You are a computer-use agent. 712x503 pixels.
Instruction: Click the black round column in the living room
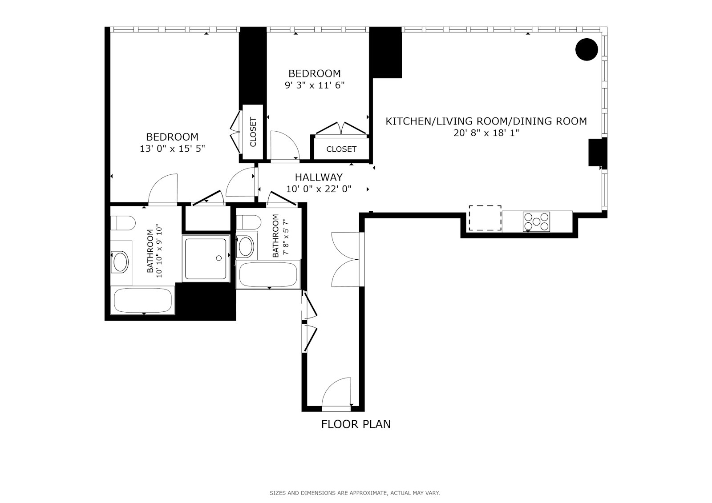[x=587, y=49]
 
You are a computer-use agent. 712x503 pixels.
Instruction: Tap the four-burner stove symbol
[x=536, y=221]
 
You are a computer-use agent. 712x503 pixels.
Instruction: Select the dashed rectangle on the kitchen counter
[x=485, y=218]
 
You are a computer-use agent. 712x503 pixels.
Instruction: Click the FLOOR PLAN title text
[x=356, y=424]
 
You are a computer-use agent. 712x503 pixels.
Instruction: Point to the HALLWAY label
[x=319, y=177]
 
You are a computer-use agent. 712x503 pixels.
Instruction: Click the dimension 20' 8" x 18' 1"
[x=486, y=133]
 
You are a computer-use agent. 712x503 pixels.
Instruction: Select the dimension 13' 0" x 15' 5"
[x=172, y=149]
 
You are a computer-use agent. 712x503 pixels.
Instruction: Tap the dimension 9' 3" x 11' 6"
[x=315, y=85]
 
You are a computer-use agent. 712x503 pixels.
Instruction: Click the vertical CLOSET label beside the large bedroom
[x=253, y=132]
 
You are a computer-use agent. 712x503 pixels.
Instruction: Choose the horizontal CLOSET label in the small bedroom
[x=341, y=149]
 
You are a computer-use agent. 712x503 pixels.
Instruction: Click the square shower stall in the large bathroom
[x=206, y=258]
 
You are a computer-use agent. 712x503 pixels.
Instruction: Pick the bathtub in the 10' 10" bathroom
[x=143, y=301]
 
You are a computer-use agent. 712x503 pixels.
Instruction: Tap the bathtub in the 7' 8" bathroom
[x=268, y=275]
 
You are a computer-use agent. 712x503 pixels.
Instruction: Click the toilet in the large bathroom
[x=122, y=223]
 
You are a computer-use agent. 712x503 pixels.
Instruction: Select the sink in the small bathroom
[x=246, y=247]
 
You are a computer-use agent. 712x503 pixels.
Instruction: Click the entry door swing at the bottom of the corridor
[x=337, y=392]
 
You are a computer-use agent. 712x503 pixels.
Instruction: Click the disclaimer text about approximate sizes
[x=354, y=493]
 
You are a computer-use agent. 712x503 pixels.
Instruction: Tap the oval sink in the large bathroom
[x=120, y=262]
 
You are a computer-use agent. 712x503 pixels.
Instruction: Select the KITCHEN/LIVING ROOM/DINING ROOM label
[x=486, y=121]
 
